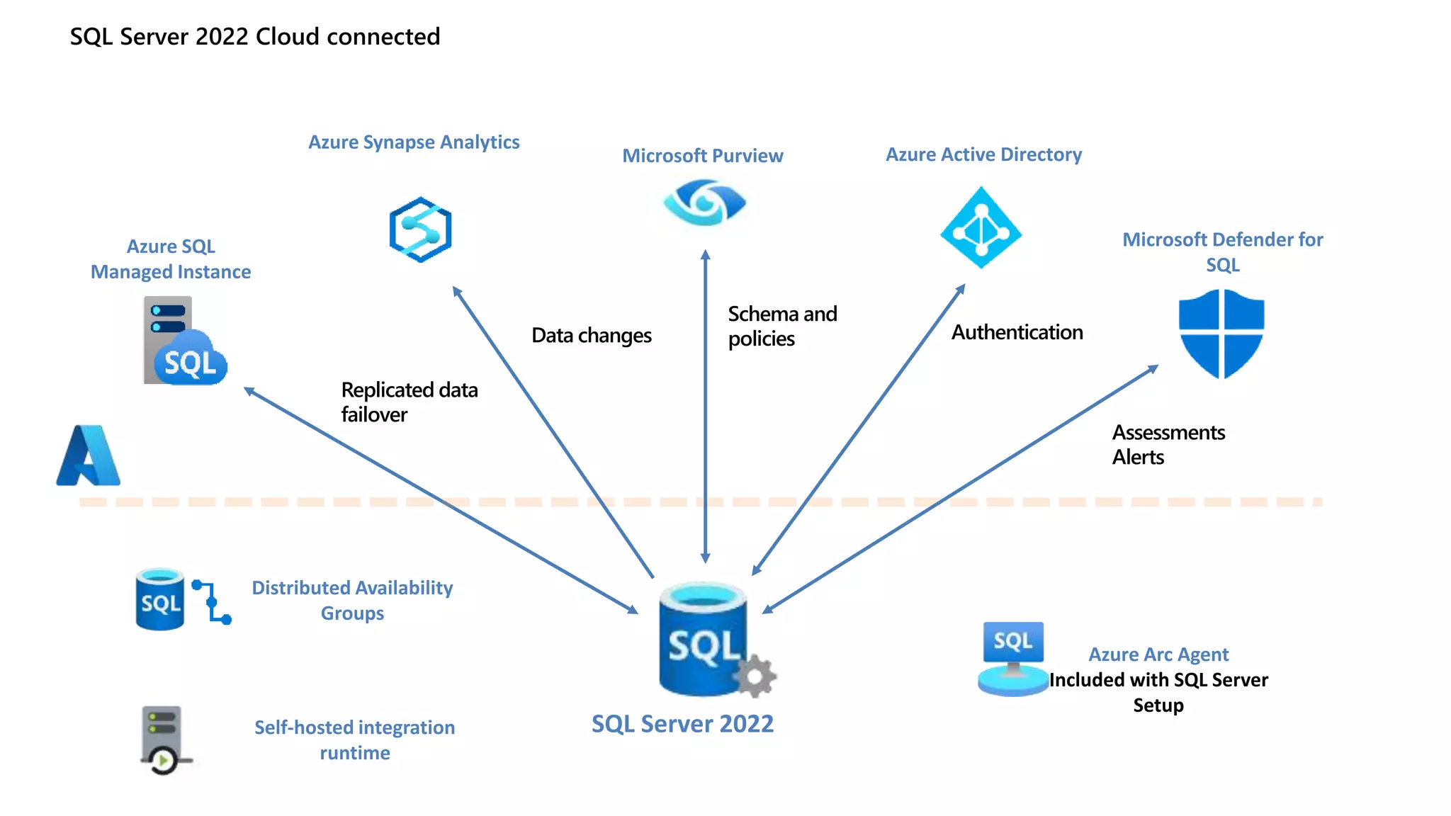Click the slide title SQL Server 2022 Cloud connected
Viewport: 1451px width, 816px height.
coord(255,36)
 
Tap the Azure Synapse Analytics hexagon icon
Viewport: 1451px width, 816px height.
coord(420,229)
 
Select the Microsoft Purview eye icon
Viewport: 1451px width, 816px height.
coord(704,203)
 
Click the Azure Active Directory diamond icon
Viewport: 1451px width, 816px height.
coord(981,228)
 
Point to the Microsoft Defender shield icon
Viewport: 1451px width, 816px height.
coord(1221,333)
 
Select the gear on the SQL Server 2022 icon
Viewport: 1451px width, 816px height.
coord(755,676)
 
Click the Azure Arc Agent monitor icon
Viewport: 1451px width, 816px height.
coord(1013,657)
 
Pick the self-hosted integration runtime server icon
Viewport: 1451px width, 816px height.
coord(163,739)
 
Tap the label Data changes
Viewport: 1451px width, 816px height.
coord(592,335)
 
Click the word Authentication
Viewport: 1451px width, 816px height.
coord(1017,332)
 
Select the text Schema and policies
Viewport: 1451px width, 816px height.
coord(781,326)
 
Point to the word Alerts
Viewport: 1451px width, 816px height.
coord(1138,458)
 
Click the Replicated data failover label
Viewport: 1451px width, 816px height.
coord(409,402)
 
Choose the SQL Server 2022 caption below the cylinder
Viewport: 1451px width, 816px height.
coord(682,724)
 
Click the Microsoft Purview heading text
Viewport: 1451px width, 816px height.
coord(702,156)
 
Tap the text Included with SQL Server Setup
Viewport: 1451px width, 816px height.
coord(1158,692)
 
